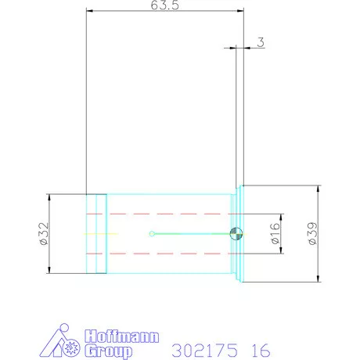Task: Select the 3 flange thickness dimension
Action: click(259, 42)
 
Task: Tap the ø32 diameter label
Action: click(43, 233)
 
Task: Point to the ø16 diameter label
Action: click(275, 233)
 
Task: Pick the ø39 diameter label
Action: click(312, 234)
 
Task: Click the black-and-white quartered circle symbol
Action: click(236, 232)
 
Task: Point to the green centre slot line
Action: click(192, 232)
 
